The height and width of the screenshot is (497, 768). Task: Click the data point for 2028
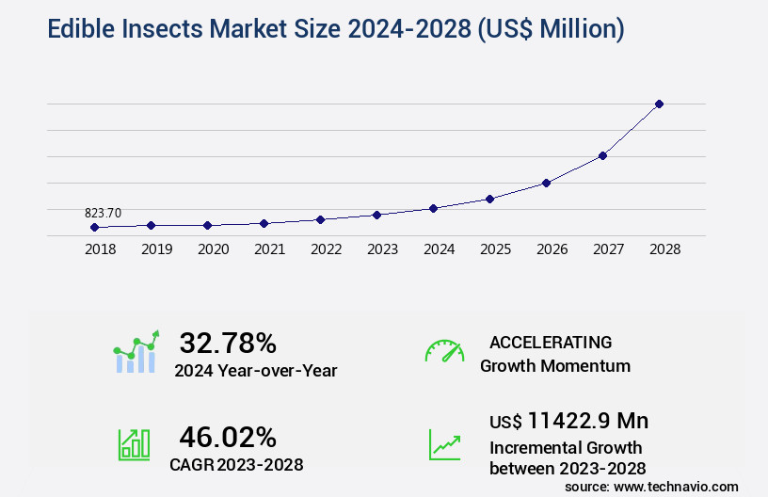659,104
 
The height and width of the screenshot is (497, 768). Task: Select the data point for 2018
94,228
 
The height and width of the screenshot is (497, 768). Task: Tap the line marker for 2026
546,183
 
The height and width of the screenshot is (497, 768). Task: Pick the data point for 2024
433,208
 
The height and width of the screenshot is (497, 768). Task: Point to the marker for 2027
602,155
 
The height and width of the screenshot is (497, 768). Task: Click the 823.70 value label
104,214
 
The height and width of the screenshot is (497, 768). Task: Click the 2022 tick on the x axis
326,250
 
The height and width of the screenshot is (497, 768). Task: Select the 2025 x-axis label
495,250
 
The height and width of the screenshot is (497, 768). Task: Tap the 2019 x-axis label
156,250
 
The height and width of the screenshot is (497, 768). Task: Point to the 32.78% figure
228,343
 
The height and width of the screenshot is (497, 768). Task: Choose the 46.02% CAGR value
228,437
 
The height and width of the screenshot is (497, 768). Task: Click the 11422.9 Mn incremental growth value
587,421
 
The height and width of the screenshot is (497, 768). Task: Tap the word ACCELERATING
551,343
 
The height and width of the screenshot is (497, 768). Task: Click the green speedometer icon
444,350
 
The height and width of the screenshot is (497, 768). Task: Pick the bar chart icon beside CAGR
134,444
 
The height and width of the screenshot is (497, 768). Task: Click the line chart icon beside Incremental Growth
444,444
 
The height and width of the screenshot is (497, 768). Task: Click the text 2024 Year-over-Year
255,371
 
